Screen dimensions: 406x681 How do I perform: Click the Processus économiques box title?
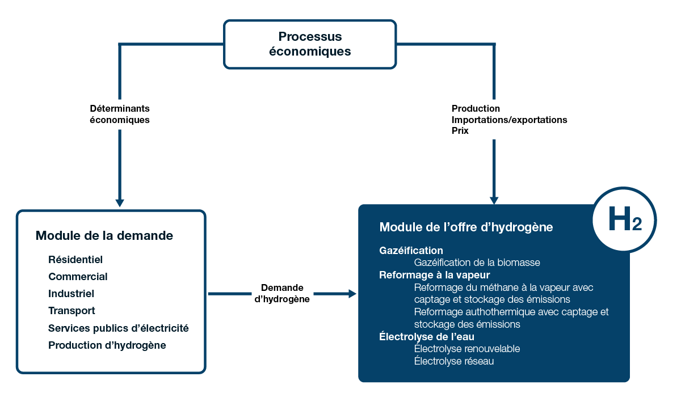point(310,44)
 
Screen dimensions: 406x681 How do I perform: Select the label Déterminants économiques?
point(120,114)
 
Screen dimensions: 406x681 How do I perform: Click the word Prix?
point(460,131)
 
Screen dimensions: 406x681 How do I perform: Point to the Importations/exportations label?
point(509,120)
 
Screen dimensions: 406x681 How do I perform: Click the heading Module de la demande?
point(104,235)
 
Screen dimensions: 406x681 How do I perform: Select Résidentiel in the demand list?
point(75,260)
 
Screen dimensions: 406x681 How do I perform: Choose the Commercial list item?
point(78,277)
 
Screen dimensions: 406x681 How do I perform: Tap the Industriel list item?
point(71,294)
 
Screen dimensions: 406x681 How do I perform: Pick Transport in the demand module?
point(72,311)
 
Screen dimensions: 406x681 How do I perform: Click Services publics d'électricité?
point(118,328)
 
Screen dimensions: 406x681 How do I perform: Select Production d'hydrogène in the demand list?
point(107,345)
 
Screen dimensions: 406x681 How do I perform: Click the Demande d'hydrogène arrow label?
point(282,294)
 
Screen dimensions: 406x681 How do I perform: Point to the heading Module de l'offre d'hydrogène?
point(466,227)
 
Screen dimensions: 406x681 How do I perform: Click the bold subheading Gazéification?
point(411,250)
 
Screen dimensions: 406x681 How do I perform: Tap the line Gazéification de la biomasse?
point(477,263)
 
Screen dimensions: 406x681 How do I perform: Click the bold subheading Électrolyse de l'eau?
point(427,337)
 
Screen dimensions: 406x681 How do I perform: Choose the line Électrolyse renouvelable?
point(467,349)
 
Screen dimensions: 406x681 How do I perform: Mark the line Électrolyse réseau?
point(454,361)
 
